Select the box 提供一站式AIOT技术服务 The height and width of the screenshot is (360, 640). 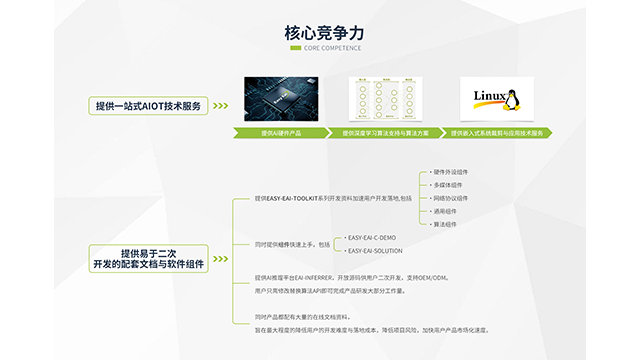click(x=148, y=106)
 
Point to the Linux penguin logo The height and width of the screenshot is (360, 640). click(x=510, y=100)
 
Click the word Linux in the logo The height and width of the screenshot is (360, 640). click(x=489, y=97)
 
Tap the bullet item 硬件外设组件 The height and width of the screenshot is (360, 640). click(x=452, y=172)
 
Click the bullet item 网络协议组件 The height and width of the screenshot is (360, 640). click(x=452, y=198)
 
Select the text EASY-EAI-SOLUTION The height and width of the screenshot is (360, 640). click(x=376, y=251)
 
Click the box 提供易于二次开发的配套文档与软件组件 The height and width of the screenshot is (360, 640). click(x=148, y=258)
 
